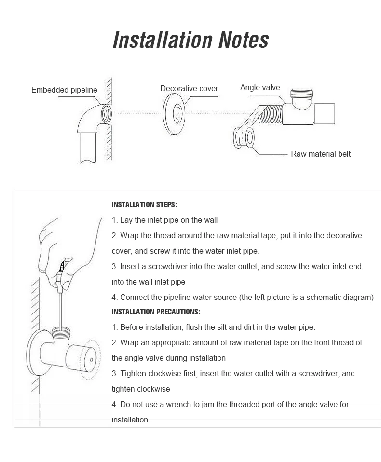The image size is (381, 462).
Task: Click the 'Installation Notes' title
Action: [x=190, y=40]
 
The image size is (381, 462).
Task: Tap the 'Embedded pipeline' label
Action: [x=64, y=90]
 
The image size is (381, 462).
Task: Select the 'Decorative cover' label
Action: [x=189, y=88]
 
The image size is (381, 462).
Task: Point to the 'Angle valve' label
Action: [x=260, y=87]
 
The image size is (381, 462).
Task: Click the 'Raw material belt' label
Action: [x=321, y=154]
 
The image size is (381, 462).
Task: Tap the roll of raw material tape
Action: [x=244, y=137]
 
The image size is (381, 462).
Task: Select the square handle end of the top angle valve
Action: [x=324, y=113]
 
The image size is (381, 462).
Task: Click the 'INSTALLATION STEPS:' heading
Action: [x=144, y=204]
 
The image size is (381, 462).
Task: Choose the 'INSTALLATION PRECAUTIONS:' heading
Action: [x=156, y=312]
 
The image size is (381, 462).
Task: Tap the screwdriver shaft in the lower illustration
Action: [x=59, y=309]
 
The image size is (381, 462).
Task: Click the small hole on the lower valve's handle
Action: [x=91, y=360]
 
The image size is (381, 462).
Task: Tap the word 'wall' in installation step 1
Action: [x=210, y=220]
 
